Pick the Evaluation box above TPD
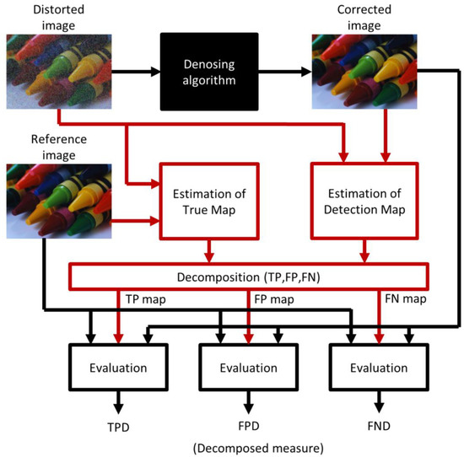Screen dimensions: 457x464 click(119, 368)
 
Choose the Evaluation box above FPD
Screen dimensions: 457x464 click(246, 368)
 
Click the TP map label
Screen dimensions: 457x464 click(139, 298)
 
